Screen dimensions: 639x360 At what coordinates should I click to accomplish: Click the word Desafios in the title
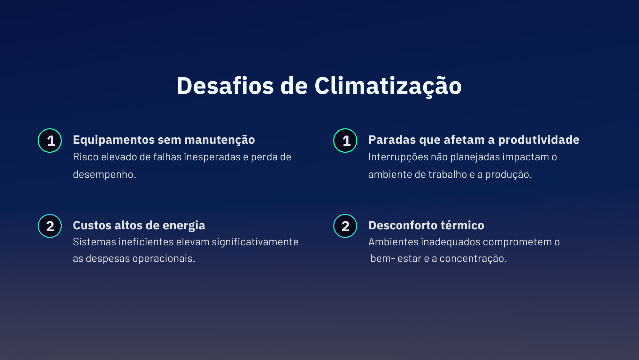tap(225, 86)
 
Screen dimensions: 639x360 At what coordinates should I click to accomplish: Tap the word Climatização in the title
tap(388, 86)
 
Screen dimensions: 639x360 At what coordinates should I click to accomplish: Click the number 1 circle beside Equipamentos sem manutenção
tap(50, 141)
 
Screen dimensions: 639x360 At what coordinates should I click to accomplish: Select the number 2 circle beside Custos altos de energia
tap(50, 226)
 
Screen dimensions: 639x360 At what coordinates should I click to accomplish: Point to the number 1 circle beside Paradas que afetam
tap(345, 141)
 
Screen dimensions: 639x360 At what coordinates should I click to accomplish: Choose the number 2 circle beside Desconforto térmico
tap(345, 226)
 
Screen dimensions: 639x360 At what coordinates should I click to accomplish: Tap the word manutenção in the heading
tap(219, 140)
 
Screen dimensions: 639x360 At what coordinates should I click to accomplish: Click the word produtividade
tap(539, 140)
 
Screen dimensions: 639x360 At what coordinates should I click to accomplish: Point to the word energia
tap(184, 226)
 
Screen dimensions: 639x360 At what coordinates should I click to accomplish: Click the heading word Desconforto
tap(402, 225)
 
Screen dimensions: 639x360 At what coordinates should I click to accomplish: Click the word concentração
tap(473, 259)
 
